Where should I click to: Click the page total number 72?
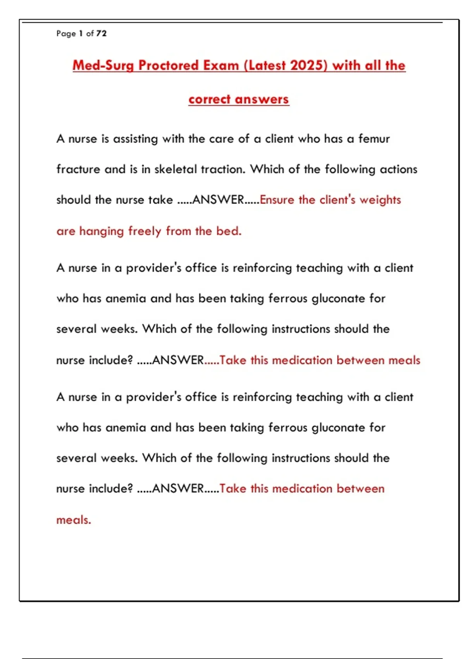point(102,34)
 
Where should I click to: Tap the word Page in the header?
point(66,34)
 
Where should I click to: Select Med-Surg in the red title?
point(103,66)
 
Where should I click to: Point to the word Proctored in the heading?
point(169,66)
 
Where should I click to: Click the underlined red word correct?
point(210,99)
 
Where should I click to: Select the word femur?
point(374,139)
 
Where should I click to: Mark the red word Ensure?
point(277,200)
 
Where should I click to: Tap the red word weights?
point(380,200)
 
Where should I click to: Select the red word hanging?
point(101,231)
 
